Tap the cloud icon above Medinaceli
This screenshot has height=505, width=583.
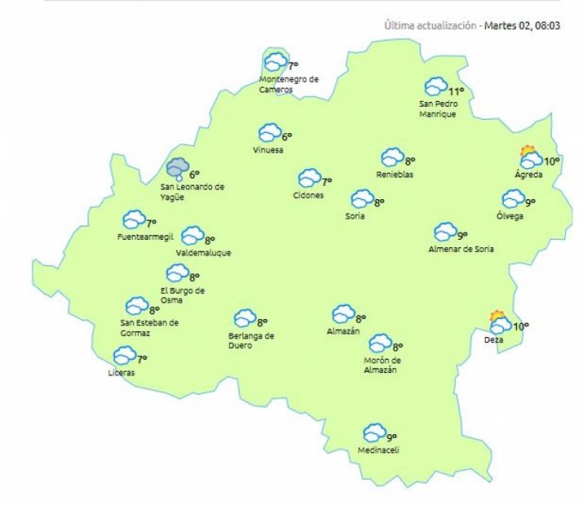click(x=374, y=432)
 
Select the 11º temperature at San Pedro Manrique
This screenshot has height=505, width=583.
click(x=456, y=91)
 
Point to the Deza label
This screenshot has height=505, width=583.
click(x=493, y=339)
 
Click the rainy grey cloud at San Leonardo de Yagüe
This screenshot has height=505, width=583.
click(x=177, y=169)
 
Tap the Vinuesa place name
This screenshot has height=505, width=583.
click(x=269, y=150)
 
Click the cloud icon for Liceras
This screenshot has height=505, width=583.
click(x=123, y=356)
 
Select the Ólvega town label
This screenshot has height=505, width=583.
click(x=510, y=215)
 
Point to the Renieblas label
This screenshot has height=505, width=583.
click(x=394, y=175)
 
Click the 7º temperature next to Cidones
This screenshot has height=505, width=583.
click(x=327, y=182)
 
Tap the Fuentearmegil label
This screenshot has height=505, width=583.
click(x=144, y=237)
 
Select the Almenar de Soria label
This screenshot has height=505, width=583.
click(x=461, y=249)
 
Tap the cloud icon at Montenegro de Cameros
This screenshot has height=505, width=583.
click(x=277, y=61)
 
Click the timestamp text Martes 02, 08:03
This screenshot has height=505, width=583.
click(x=529, y=26)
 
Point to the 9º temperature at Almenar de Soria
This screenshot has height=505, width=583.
click(x=462, y=236)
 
